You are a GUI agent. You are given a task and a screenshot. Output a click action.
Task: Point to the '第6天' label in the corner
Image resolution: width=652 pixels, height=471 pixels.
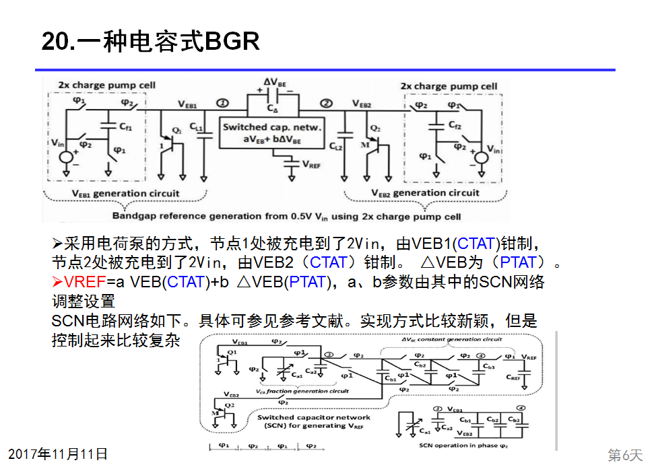point(625,456)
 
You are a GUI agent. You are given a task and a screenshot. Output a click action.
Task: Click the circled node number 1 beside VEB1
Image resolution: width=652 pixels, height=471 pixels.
point(222,103)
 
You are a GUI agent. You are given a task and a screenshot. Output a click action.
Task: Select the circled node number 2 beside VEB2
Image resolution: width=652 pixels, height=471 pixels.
point(326,103)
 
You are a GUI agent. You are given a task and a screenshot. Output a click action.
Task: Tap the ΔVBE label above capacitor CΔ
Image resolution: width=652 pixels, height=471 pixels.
point(274,83)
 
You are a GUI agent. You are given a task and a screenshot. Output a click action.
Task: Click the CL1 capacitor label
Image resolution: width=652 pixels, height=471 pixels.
point(196,127)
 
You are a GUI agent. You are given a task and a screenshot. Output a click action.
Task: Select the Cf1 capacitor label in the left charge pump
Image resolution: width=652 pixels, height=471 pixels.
point(126,126)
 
